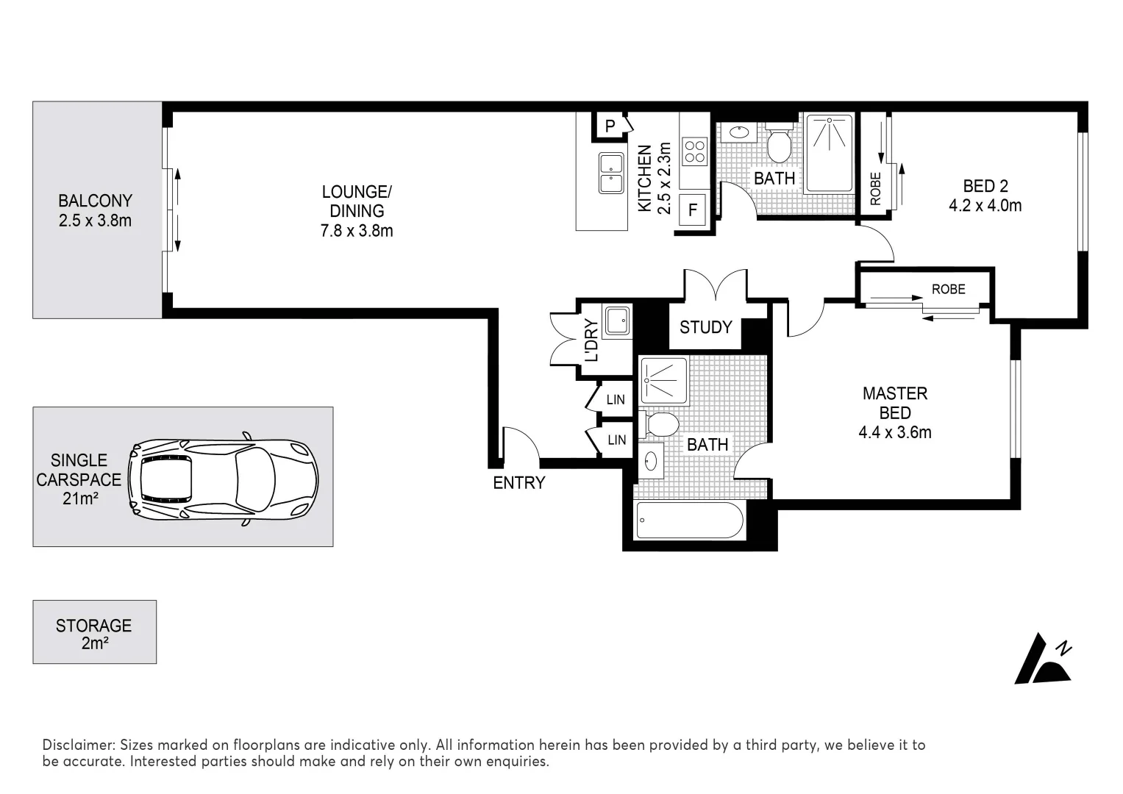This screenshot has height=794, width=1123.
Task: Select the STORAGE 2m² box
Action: [x=94, y=632]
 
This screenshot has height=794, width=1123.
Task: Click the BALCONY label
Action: [x=95, y=201]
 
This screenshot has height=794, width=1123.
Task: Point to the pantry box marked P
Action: [x=610, y=126]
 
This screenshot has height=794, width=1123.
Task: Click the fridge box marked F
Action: [x=692, y=210]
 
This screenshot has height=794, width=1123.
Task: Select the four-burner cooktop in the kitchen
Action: [x=694, y=151]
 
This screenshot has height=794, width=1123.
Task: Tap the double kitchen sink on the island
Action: [x=610, y=173]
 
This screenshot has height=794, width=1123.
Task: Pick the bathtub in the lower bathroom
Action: [x=690, y=520]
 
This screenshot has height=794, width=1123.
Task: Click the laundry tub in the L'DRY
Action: [x=616, y=320]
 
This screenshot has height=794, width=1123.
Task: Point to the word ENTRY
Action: [x=518, y=483]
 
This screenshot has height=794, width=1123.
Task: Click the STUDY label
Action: [x=705, y=327]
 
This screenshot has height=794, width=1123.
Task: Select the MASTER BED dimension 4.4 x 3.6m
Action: [x=894, y=432]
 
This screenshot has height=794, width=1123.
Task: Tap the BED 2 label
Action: [x=985, y=186]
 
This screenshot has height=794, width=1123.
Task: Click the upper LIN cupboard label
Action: [x=616, y=399]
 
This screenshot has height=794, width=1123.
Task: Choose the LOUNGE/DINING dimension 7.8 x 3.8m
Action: [x=357, y=230]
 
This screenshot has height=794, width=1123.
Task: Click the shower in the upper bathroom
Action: [x=829, y=152]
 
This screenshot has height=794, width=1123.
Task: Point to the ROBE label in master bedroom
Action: [x=948, y=289]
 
